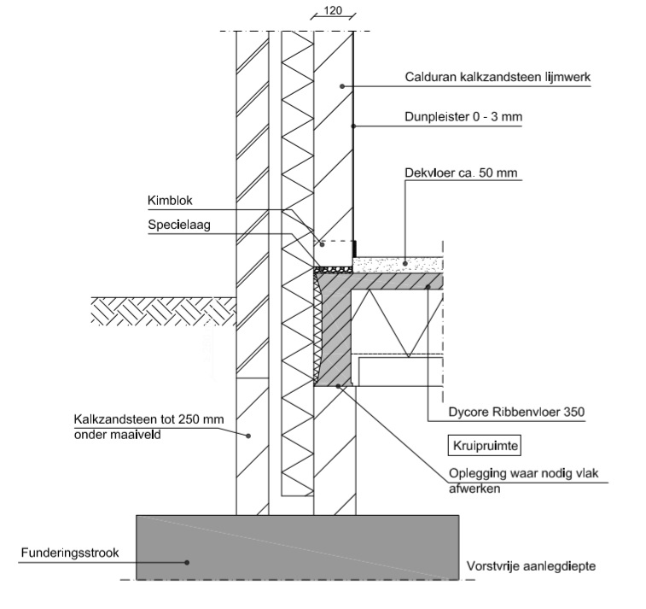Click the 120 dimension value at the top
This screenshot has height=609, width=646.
click(334, 11)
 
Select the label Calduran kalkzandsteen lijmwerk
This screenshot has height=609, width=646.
click(498, 77)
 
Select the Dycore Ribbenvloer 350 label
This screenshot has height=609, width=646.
click(509, 412)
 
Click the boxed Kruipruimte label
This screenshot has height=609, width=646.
click(484, 445)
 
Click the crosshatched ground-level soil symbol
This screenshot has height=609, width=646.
click(162, 308)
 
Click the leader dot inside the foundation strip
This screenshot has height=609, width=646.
click(188, 561)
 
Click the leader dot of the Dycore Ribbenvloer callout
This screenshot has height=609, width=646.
click(428, 287)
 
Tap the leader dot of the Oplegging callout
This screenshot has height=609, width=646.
click(339, 386)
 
